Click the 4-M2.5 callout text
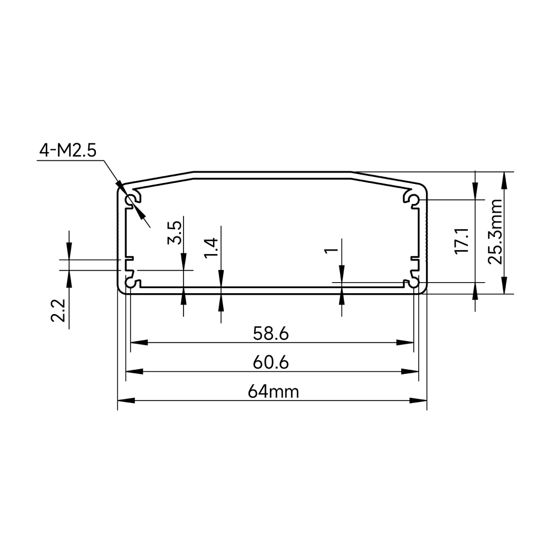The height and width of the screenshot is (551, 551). (68, 150)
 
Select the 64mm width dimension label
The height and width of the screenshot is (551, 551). (273, 391)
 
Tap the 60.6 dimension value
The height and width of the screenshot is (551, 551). (271, 363)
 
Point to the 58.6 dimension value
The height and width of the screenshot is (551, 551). (271, 333)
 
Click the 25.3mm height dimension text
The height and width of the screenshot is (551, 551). (495, 231)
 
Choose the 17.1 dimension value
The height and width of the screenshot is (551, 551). (462, 241)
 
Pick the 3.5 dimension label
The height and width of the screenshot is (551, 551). (174, 233)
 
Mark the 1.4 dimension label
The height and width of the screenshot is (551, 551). (211, 247)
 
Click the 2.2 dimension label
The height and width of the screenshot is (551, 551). (58, 311)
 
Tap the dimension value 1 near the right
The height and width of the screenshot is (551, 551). (331, 250)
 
